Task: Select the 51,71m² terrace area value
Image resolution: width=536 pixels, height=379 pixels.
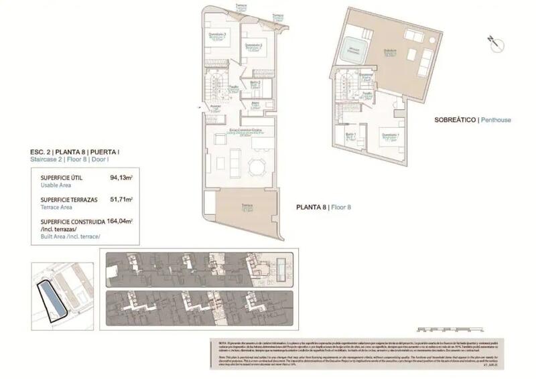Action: coord(121,199)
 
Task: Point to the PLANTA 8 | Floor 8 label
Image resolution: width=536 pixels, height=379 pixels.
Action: coord(324,208)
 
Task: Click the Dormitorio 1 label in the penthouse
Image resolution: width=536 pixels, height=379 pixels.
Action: coord(390,137)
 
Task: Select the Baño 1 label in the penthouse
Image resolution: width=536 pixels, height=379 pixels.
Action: coord(351,135)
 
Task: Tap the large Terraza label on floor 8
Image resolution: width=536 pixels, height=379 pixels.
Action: coord(247,208)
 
